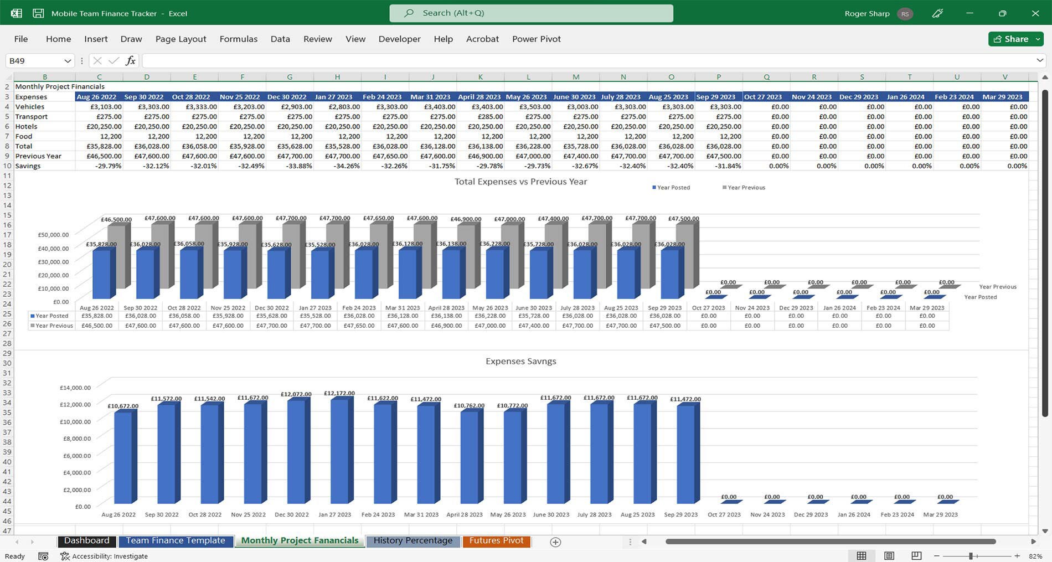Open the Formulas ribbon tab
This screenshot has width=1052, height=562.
click(238, 39)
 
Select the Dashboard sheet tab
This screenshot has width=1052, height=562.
click(86, 541)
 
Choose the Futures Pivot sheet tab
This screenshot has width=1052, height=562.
click(496, 541)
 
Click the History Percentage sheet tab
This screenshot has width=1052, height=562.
click(412, 541)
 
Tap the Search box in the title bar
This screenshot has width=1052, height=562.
click(531, 13)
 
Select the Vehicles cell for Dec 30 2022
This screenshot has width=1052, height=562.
click(290, 107)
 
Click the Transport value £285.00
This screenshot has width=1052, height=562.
click(480, 117)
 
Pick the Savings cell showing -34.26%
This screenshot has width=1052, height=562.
click(337, 166)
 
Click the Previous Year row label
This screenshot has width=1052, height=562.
click(38, 156)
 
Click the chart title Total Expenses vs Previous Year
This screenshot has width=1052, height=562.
click(520, 182)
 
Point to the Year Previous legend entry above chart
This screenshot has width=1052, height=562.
click(744, 188)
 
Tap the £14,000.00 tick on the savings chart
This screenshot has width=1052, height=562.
click(75, 388)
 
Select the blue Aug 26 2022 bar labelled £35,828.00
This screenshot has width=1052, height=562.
click(101, 274)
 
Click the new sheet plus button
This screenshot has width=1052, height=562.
click(555, 542)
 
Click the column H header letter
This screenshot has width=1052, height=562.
click(337, 77)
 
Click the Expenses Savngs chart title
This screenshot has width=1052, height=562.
click(520, 361)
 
